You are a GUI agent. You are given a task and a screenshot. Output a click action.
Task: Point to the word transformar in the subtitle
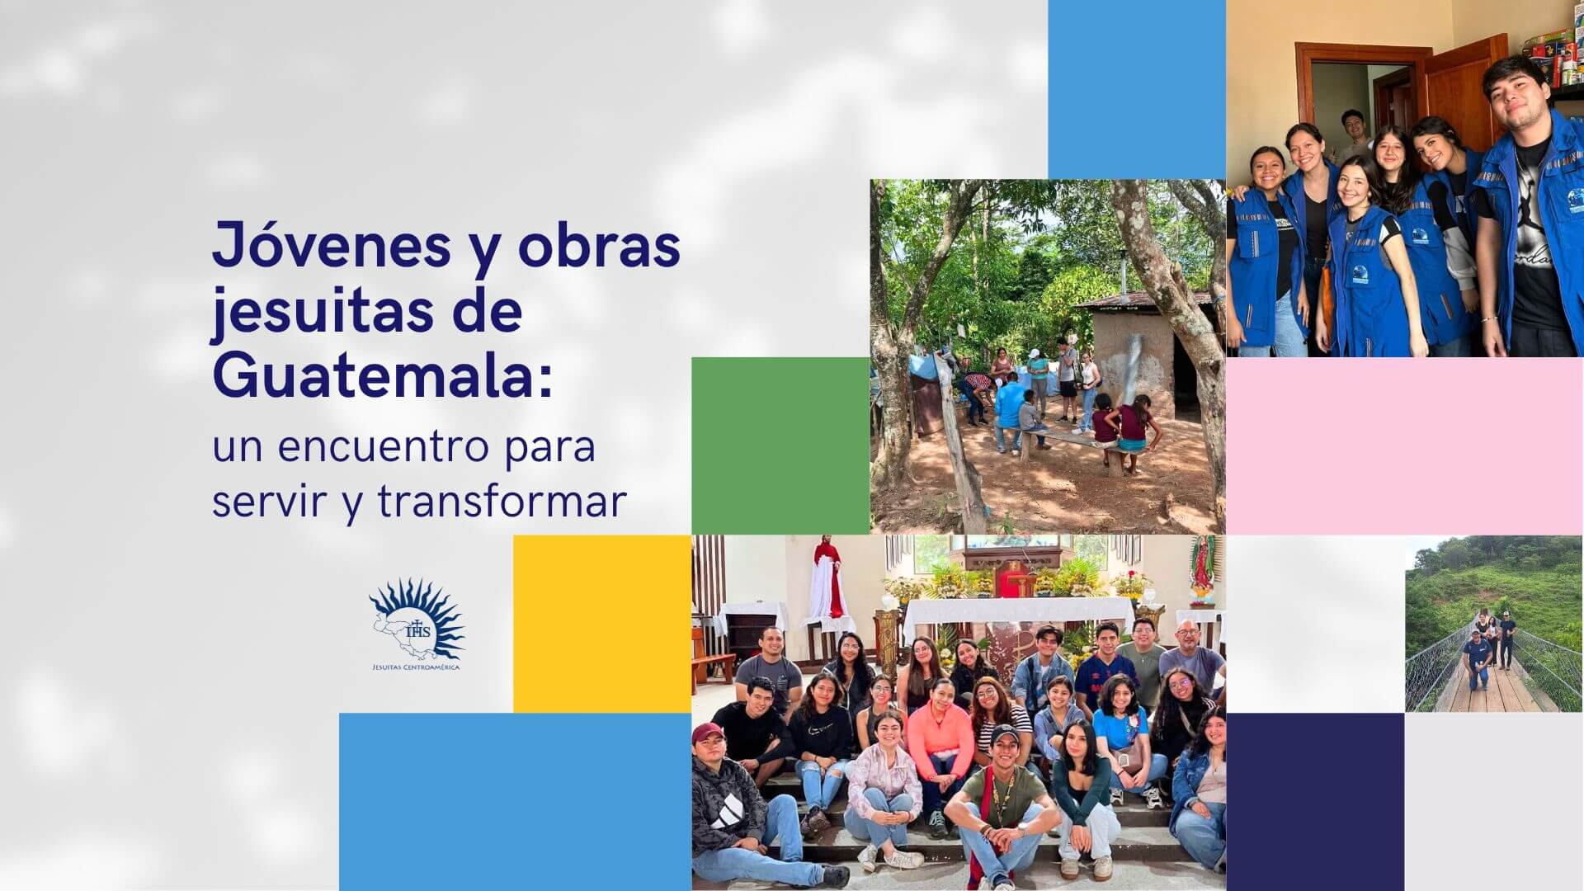pyautogui.click(x=502, y=502)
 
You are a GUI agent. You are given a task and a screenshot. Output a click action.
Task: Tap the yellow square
pyautogui.click(x=602, y=624)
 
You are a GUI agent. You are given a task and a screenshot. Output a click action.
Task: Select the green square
pyautogui.click(x=780, y=445)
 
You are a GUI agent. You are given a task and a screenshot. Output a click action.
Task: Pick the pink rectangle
pyautogui.click(x=1405, y=445)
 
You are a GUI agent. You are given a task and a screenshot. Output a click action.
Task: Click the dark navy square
pyautogui.click(x=1315, y=802)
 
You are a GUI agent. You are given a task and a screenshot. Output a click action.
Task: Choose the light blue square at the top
pyautogui.click(x=1137, y=89)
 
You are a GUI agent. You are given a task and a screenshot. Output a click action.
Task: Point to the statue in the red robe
pyautogui.click(x=827, y=577)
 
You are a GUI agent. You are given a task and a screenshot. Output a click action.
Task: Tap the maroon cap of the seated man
pyautogui.click(x=709, y=732)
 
